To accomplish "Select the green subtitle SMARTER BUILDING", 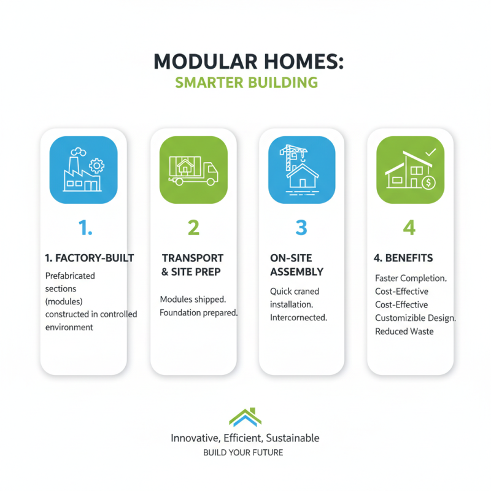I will tap(246, 83).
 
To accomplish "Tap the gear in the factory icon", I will tap(96, 166).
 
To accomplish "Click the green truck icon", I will tap(193, 170).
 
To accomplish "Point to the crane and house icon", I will tap(301, 170).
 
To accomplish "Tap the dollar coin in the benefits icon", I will tap(429, 182).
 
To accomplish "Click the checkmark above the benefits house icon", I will tap(430, 151).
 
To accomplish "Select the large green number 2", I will tap(193, 228).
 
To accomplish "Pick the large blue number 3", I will tap(301, 228).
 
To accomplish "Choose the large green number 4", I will tap(409, 228).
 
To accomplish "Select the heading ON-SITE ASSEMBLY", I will tap(296, 265).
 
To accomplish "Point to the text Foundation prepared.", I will tap(198, 313).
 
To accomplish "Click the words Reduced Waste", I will tap(404, 331).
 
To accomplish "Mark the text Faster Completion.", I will tap(411, 278).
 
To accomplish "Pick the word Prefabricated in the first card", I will tap(70, 276).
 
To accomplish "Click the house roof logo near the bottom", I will tap(245, 417).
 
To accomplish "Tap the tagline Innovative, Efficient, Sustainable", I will tap(245, 438).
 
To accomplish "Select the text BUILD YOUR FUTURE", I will tap(245, 453).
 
